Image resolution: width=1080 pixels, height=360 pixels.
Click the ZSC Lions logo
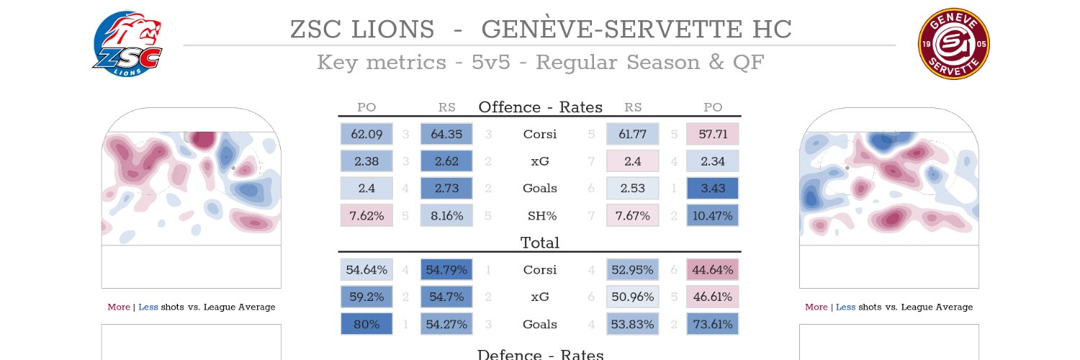(127, 44)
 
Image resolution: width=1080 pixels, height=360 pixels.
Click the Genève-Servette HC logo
(954, 44)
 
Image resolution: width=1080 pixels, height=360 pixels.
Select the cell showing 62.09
(366, 134)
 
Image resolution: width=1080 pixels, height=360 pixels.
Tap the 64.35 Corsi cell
(446, 134)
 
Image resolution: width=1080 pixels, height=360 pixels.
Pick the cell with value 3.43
(713, 189)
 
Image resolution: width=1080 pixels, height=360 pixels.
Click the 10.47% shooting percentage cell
(713, 215)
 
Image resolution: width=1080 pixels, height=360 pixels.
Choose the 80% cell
(366, 324)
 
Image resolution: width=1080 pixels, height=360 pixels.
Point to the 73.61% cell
(713, 324)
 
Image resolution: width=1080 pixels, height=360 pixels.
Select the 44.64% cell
(713, 270)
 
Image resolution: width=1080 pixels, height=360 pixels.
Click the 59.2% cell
(366, 297)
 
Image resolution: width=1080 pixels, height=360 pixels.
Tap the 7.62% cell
(366, 215)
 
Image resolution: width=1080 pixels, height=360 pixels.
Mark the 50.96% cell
(633, 297)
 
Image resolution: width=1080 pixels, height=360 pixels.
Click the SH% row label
(542, 215)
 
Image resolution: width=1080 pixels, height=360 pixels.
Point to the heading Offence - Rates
(541, 107)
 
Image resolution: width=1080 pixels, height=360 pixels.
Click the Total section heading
(540, 243)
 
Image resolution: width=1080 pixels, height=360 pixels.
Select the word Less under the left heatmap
(148, 307)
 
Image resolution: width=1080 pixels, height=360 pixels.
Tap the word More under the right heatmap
(816, 307)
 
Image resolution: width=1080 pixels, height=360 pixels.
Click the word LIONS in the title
(393, 30)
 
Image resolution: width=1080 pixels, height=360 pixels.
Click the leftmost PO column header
(366, 107)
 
